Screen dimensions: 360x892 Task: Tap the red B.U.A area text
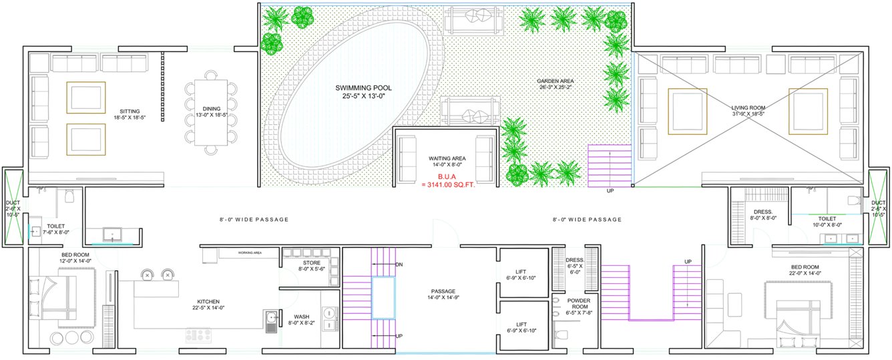click(x=447, y=181)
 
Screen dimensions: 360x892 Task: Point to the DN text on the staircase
click(x=399, y=265)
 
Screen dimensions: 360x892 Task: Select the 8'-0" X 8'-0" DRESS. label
click(x=762, y=214)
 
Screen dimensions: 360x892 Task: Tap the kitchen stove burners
click(x=198, y=336)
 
